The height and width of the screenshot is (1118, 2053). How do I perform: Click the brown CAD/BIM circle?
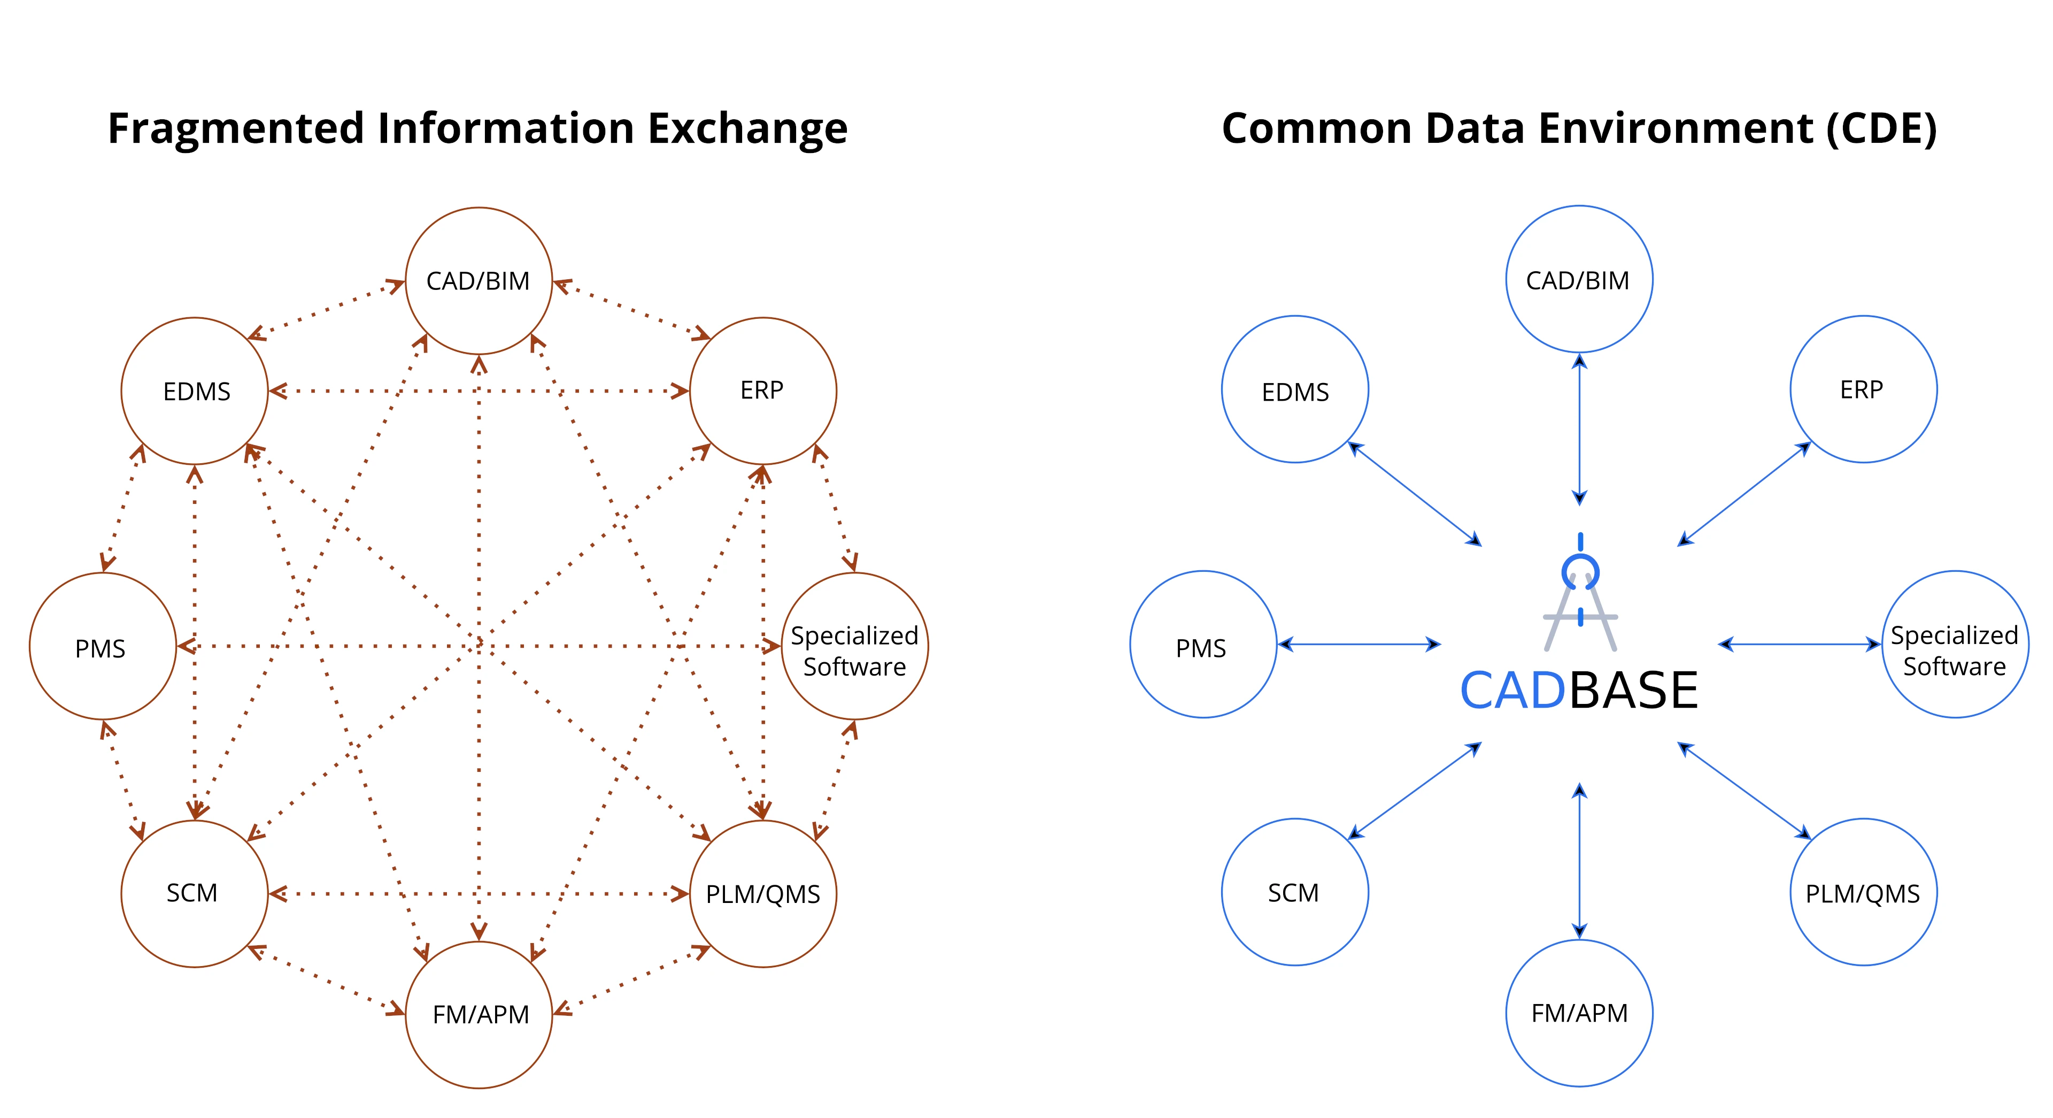[478, 281]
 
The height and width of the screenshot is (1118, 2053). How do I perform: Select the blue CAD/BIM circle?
[1579, 279]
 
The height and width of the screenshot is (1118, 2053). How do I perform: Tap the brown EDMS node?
[195, 390]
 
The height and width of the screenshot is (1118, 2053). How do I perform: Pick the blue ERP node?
[1863, 389]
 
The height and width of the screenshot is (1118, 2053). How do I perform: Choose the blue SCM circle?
[1295, 892]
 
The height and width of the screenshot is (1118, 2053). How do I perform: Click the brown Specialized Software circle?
[854, 646]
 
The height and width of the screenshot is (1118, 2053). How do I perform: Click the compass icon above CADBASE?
[1580, 594]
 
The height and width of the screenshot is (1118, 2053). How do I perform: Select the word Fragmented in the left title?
[236, 128]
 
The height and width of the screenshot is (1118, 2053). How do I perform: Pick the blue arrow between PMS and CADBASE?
[1359, 645]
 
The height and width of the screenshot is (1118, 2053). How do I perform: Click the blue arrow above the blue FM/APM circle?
[1580, 861]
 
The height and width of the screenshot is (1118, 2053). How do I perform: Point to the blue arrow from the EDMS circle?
[1415, 494]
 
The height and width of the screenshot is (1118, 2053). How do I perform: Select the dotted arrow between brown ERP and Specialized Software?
[835, 508]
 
